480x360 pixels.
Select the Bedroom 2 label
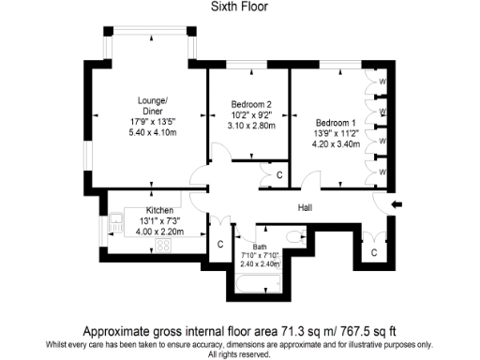click(250, 104)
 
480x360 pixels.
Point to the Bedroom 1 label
click(335, 123)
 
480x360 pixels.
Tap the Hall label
click(306, 208)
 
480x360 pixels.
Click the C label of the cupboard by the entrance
click(373, 252)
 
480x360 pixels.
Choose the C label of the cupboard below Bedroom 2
click(279, 175)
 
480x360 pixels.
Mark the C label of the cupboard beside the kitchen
click(218, 245)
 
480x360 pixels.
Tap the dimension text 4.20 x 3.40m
click(335, 145)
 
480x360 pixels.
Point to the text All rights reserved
click(240, 353)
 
